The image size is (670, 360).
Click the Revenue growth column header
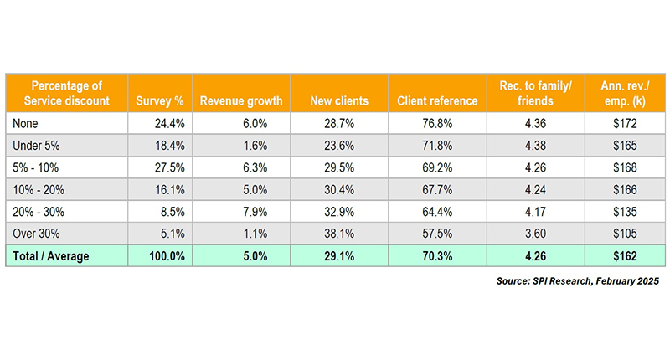tap(241, 100)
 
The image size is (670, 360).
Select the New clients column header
tap(339, 100)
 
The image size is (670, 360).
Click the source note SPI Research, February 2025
tap(578, 282)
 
